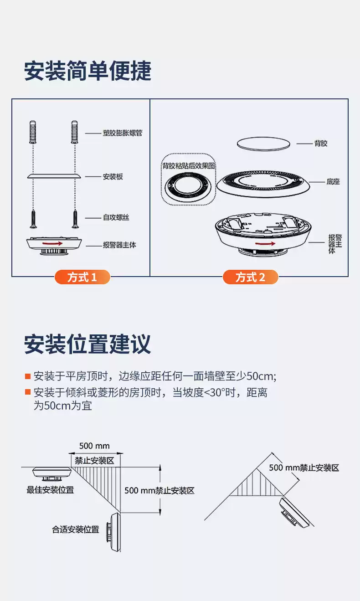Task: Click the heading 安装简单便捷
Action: point(87,72)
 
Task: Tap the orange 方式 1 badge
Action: point(82,277)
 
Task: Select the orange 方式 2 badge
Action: point(250,277)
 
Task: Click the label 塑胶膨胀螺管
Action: point(123,134)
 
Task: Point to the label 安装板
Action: point(113,177)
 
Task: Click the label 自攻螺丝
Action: point(116,218)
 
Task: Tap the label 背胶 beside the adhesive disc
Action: point(321,144)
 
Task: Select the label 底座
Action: point(333,181)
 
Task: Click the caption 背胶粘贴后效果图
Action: point(189,166)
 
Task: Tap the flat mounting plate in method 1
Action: point(54,175)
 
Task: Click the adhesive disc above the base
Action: point(263,143)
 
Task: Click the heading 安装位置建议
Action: point(87,344)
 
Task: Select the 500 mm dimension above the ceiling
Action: point(94,446)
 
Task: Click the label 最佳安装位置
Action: point(50,490)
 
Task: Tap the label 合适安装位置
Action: point(75,529)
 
